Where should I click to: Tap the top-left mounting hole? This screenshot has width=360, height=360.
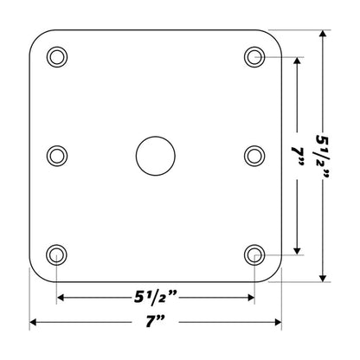[x=56, y=57]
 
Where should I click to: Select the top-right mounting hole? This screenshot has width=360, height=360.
[x=254, y=57]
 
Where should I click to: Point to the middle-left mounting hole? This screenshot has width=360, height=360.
[x=56, y=156]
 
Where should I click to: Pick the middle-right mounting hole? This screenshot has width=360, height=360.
[x=254, y=156]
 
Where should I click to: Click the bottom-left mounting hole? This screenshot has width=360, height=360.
[x=56, y=254]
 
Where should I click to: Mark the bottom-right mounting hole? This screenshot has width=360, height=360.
[x=254, y=254]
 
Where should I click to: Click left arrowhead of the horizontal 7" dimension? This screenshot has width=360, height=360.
[x=34, y=323]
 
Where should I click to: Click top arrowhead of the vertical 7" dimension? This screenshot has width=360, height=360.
[x=299, y=62]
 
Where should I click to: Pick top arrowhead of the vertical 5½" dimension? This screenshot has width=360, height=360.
[x=324, y=35]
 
